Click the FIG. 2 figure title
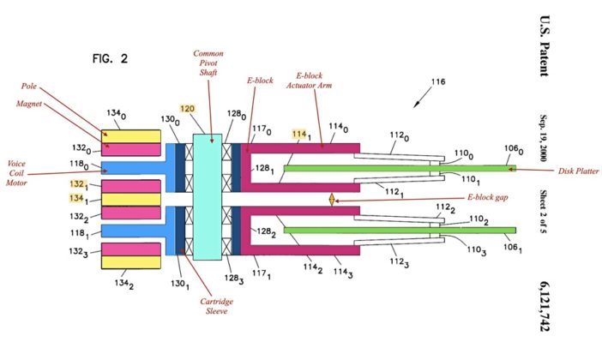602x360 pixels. [110, 59]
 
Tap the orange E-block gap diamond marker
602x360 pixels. [331, 199]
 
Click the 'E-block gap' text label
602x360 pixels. [488, 198]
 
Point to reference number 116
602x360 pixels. [437, 82]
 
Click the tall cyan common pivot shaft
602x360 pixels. [208, 199]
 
